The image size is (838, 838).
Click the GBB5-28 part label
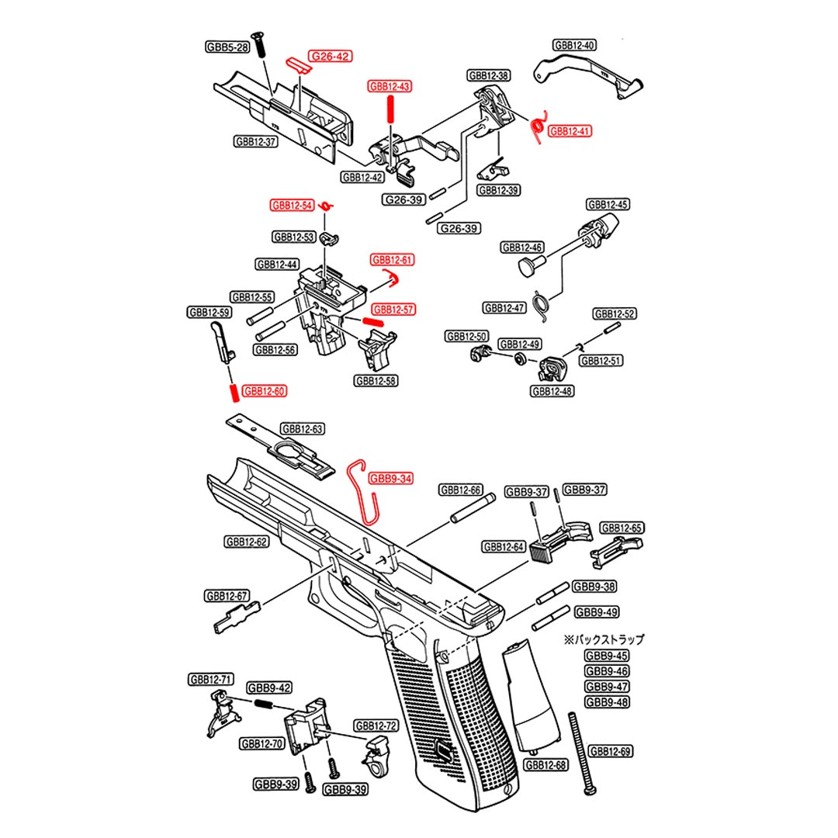tap(227, 47)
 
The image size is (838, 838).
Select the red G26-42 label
tap(330, 57)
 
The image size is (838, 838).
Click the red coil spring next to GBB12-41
tap(535, 126)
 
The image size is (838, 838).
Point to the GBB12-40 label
tap(575, 45)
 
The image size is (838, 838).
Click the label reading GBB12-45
tap(608, 205)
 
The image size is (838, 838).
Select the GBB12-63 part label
tap(302, 428)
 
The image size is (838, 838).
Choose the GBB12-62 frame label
tap(246, 542)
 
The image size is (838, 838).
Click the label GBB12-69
tap(609, 751)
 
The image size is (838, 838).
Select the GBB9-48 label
tap(606, 702)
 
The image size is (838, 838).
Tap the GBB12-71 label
tap(210, 680)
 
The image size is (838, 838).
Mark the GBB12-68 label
tap(545, 765)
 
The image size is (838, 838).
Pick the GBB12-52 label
tap(615, 314)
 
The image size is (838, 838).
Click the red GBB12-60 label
tap(264, 392)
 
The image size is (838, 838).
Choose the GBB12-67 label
tap(227, 596)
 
